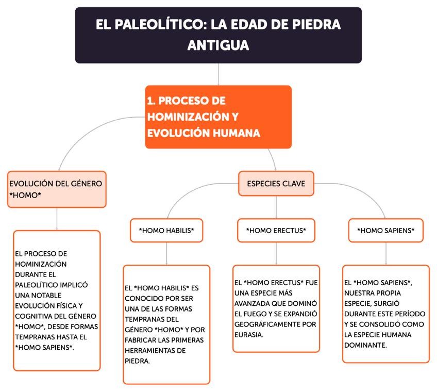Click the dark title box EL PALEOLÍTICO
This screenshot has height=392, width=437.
point(218,35)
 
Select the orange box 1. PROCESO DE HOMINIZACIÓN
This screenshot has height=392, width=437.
point(218,117)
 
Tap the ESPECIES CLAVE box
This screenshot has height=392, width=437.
point(276,184)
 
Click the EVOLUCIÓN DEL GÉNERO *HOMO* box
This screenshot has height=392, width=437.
point(57,189)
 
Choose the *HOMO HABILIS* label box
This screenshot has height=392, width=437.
point(166,231)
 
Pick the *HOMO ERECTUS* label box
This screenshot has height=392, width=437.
point(276,231)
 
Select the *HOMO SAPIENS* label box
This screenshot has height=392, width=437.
point(385,231)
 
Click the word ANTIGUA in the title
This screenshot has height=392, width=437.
point(218,45)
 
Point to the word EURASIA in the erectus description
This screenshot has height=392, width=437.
point(249,335)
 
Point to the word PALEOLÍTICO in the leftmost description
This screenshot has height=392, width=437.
point(37,284)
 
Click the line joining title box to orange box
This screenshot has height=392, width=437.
point(218,74)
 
